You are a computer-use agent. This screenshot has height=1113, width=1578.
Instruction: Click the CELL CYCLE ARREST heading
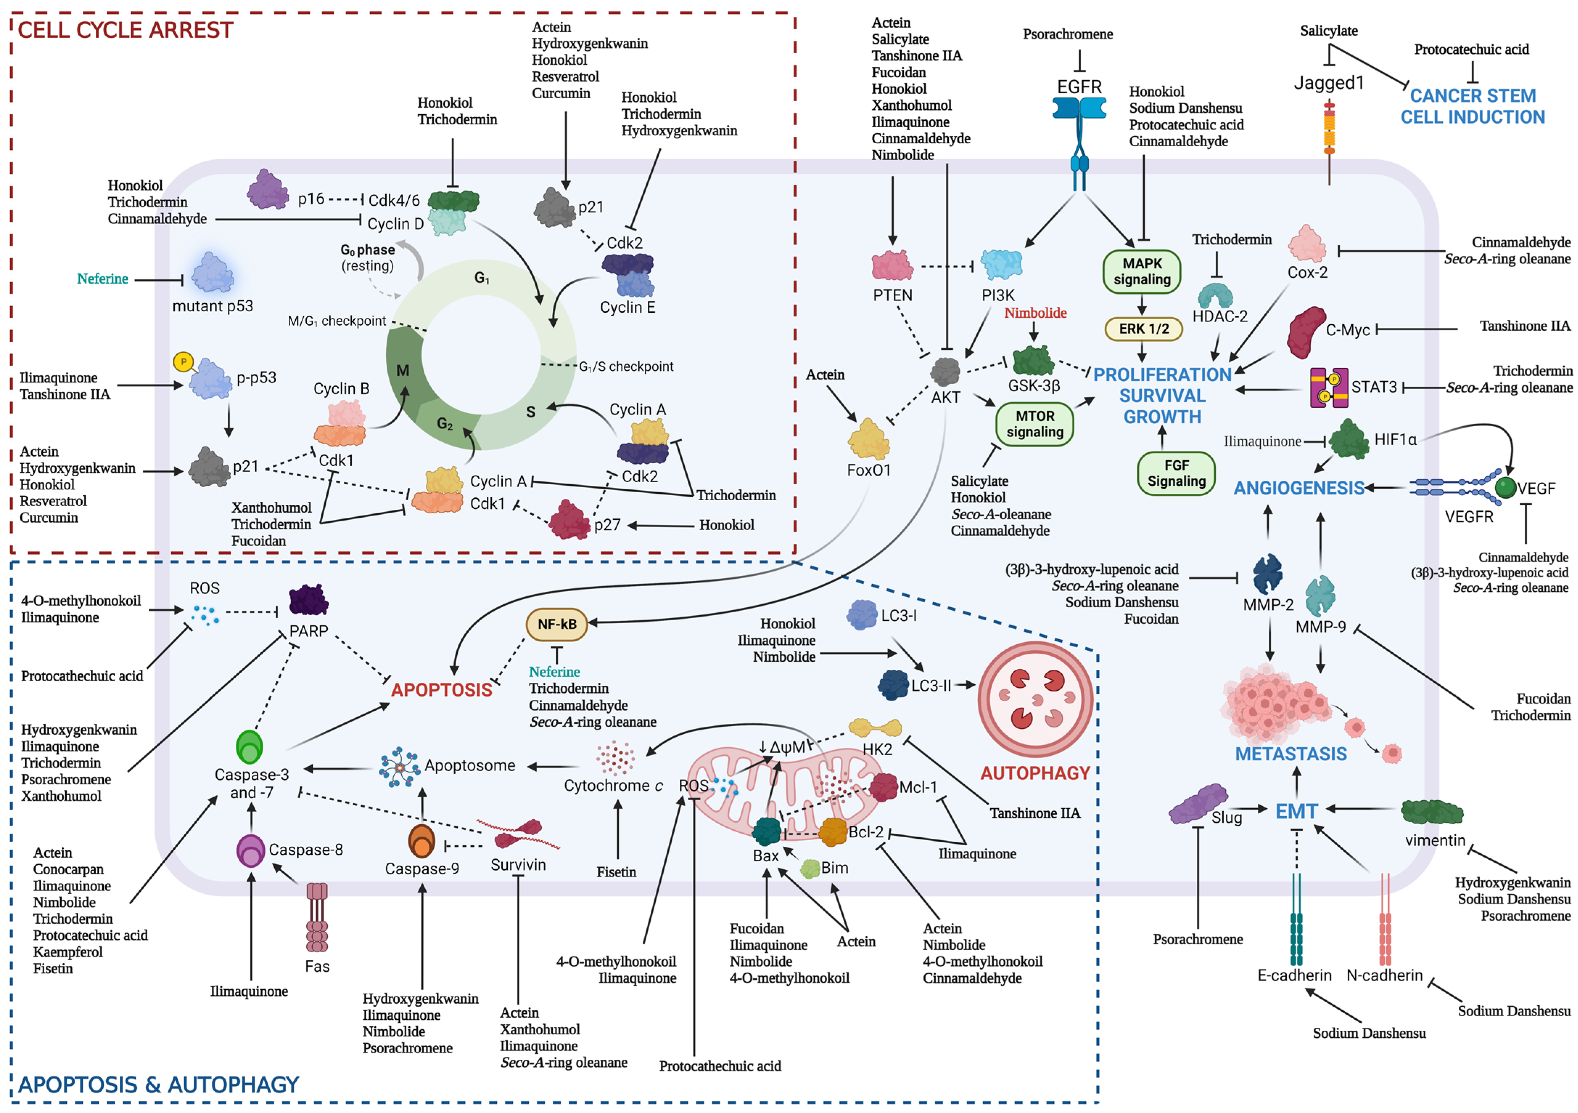tap(125, 30)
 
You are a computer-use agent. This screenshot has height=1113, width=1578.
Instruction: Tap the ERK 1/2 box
tap(1143, 329)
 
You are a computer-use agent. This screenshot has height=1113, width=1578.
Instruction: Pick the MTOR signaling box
tap(1034, 424)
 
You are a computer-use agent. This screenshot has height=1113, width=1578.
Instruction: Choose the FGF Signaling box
tap(1176, 473)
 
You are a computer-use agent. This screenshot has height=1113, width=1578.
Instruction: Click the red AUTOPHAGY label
tap(1034, 773)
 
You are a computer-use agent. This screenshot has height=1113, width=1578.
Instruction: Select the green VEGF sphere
tap(1505, 488)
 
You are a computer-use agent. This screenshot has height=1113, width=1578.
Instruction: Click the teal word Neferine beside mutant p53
tap(102, 278)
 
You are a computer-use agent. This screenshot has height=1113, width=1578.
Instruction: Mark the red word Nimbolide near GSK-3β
tap(1035, 313)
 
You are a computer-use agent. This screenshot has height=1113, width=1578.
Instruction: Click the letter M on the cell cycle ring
tap(403, 370)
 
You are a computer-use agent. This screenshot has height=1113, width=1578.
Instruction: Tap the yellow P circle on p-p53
tap(183, 362)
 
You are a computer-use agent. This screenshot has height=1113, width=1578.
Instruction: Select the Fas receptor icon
tap(317, 918)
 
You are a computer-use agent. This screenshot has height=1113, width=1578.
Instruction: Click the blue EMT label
tap(1296, 811)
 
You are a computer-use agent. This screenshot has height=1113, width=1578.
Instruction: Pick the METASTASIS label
tap(1291, 754)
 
